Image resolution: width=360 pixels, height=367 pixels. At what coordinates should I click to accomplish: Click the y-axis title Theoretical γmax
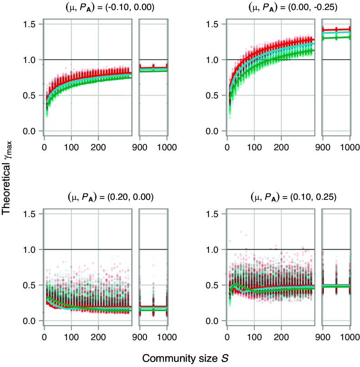pos(9,182)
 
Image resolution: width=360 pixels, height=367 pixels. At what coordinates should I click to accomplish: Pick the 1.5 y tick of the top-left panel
pos(30,24)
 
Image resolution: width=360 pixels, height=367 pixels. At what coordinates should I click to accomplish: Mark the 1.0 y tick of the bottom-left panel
pos(30,250)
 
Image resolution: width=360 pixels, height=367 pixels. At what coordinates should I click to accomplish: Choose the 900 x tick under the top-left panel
pos(140,148)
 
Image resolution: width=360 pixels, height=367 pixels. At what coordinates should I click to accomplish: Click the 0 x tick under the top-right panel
pos(227,148)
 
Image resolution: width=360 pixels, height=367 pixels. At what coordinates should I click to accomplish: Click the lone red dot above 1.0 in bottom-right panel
pos(231,241)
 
